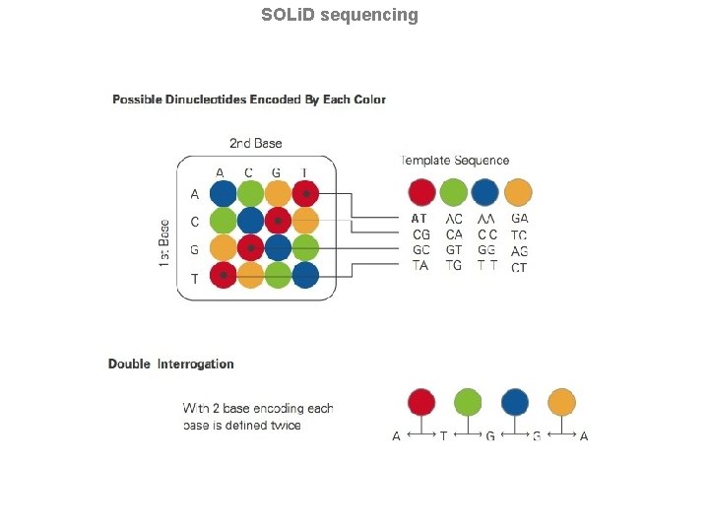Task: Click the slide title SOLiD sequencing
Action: tap(340, 15)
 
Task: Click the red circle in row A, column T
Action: tap(305, 194)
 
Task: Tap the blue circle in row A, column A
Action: tap(224, 194)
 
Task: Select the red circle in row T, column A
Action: tap(224, 277)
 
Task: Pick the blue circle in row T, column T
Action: tap(305, 277)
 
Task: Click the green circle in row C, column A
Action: tap(224, 222)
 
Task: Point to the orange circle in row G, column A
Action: tap(224, 249)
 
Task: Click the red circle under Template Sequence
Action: tap(421, 192)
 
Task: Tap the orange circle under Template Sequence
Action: tap(518, 192)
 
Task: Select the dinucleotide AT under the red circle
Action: tap(420, 219)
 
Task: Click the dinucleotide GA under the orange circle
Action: tap(519, 219)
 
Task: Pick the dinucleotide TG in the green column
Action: tap(454, 266)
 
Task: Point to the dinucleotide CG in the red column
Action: tap(420, 234)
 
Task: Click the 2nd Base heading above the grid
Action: tap(256, 144)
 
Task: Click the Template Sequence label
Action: tap(455, 161)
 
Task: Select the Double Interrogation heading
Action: tap(171, 365)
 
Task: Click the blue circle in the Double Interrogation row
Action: tap(514, 402)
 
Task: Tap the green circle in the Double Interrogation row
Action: tap(468, 402)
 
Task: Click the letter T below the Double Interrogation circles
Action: tap(443, 436)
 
